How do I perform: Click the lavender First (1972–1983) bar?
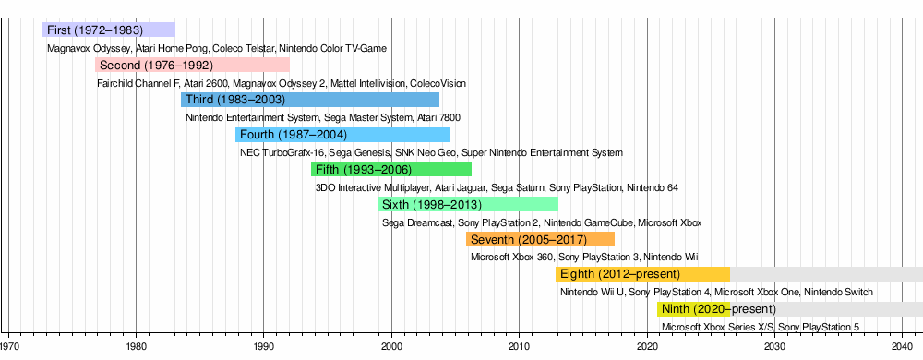[x=109, y=30]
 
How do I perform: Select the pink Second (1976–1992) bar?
[x=193, y=65]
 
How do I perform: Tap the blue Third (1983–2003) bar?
[x=310, y=100]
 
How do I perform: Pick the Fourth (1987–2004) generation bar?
[x=342, y=135]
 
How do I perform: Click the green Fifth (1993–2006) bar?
[x=391, y=170]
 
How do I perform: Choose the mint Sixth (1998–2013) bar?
[x=468, y=205]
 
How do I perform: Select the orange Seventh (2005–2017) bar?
[x=540, y=239]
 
